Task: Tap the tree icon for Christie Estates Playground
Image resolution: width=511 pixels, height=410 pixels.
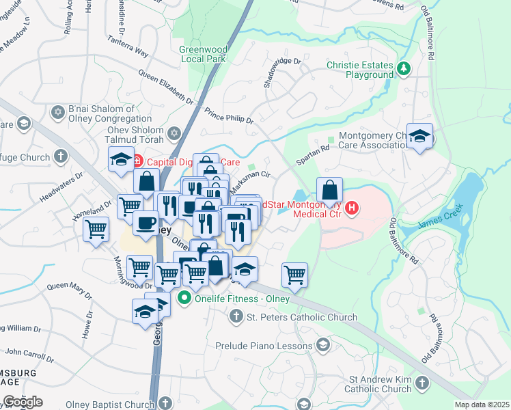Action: [404, 68]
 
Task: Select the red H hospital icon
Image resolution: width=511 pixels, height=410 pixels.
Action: [352, 208]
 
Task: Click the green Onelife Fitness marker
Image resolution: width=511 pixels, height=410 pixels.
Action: [183, 299]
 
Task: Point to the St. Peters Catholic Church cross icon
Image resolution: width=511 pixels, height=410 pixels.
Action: [236, 316]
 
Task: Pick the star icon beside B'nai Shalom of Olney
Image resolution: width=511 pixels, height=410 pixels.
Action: [57, 110]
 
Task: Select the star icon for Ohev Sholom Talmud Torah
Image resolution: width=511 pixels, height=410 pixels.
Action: [174, 133]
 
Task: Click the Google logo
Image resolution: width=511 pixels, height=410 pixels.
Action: [22, 401]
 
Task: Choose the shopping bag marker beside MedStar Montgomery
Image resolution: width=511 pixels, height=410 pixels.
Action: [329, 189]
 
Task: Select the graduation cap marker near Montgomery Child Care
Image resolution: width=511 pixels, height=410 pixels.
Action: [419, 135]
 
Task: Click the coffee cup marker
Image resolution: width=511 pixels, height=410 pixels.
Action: [146, 223]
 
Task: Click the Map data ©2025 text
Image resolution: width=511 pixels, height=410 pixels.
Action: [482, 405]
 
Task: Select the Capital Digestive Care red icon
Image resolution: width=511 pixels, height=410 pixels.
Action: [136, 162]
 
